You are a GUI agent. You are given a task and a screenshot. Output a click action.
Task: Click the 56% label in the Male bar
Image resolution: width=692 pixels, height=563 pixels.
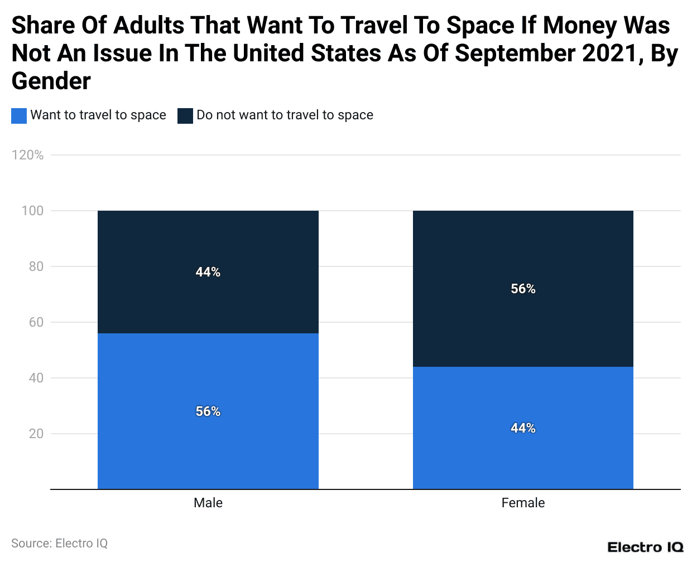coord(208,411)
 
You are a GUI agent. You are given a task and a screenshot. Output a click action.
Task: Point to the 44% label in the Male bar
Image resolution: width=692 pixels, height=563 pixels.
coord(208,272)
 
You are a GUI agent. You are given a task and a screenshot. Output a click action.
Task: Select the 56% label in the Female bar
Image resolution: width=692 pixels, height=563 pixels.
coord(523,289)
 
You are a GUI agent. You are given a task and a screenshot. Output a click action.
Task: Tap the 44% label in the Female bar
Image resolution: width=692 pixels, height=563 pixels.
coord(523,428)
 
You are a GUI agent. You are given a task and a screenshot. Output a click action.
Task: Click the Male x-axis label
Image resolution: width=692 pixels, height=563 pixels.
coord(208,503)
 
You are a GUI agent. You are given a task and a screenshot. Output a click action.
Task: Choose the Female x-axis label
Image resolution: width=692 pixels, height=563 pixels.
coord(523,503)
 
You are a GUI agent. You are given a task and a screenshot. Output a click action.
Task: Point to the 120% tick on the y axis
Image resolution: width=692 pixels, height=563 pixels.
coord(27,155)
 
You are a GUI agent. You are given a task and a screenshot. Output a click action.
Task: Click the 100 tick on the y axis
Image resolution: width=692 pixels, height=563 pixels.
coord(32,211)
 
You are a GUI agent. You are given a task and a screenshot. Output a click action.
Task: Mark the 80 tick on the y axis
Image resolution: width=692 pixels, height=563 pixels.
coord(36,266)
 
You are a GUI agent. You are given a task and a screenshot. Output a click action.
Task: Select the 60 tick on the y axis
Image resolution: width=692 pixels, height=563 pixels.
coord(36,322)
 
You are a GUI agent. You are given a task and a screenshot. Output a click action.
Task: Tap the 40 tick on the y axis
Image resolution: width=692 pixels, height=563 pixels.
coord(36,378)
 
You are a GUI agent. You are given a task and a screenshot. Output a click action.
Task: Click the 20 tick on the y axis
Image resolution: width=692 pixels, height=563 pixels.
coord(36,434)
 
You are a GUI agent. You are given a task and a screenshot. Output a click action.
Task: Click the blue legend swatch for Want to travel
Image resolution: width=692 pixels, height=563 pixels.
coord(19,115)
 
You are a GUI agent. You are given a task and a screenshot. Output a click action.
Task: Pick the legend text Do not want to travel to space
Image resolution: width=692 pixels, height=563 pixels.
coord(285,115)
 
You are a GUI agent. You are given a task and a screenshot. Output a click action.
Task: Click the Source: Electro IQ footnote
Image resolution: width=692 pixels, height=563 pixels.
coord(59,543)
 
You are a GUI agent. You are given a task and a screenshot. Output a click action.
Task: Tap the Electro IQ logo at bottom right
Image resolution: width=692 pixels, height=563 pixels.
coord(645,547)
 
